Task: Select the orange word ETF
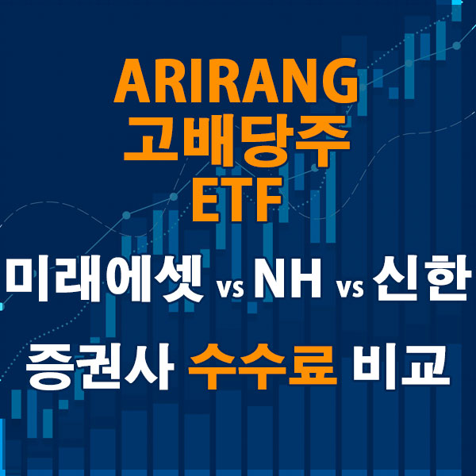[x=237, y=196]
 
